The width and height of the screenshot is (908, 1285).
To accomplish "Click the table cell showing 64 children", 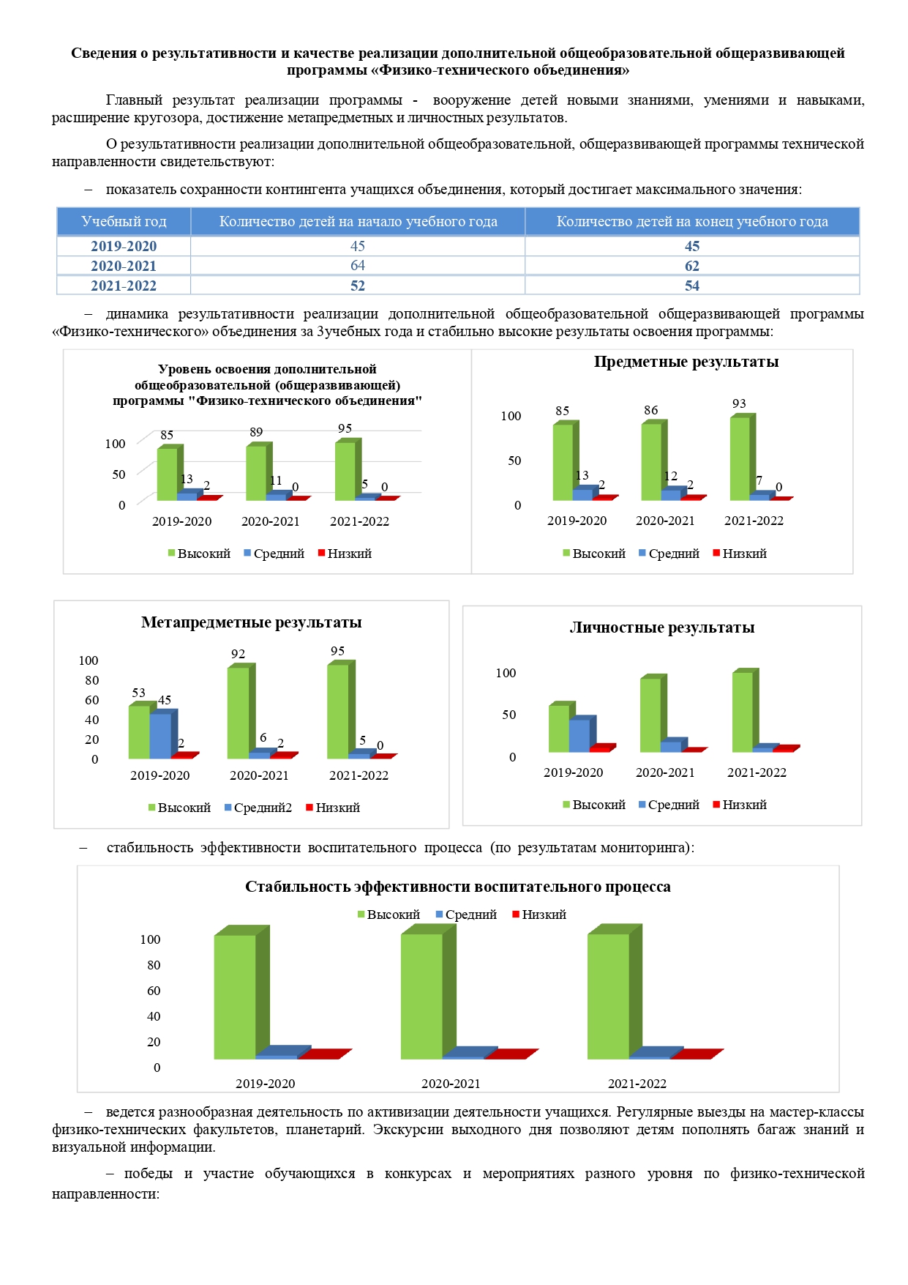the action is [x=357, y=265].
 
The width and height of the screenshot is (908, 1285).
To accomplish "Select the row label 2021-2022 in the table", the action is [x=124, y=286].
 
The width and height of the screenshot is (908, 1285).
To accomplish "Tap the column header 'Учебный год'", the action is [x=124, y=221].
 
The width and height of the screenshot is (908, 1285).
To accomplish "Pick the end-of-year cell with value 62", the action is [x=692, y=266].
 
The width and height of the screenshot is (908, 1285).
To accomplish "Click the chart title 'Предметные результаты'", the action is [x=686, y=362].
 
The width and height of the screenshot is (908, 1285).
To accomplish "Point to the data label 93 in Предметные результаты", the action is [x=739, y=403].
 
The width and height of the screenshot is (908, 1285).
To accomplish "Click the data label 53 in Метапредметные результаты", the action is [x=138, y=693].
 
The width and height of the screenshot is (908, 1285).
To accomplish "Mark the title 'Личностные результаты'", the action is [x=662, y=627].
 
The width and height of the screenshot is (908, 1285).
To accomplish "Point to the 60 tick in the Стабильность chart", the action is [x=154, y=991].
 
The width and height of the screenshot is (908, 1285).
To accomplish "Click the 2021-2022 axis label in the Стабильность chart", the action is [x=637, y=1084].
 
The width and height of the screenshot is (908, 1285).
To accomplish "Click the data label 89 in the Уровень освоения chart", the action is [x=256, y=432].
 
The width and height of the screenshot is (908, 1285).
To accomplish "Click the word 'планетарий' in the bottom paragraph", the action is [x=325, y=1129].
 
